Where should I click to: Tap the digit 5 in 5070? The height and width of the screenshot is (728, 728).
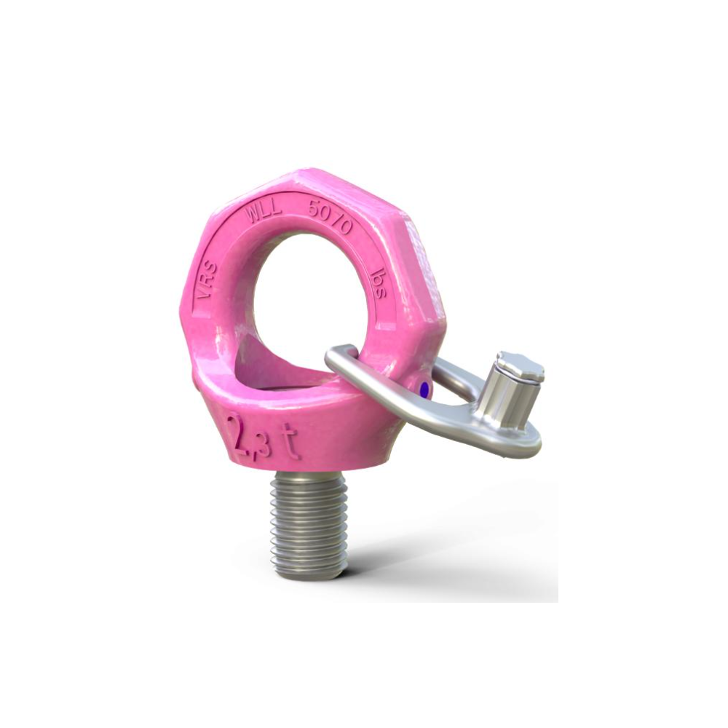[x=314, y=211]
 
